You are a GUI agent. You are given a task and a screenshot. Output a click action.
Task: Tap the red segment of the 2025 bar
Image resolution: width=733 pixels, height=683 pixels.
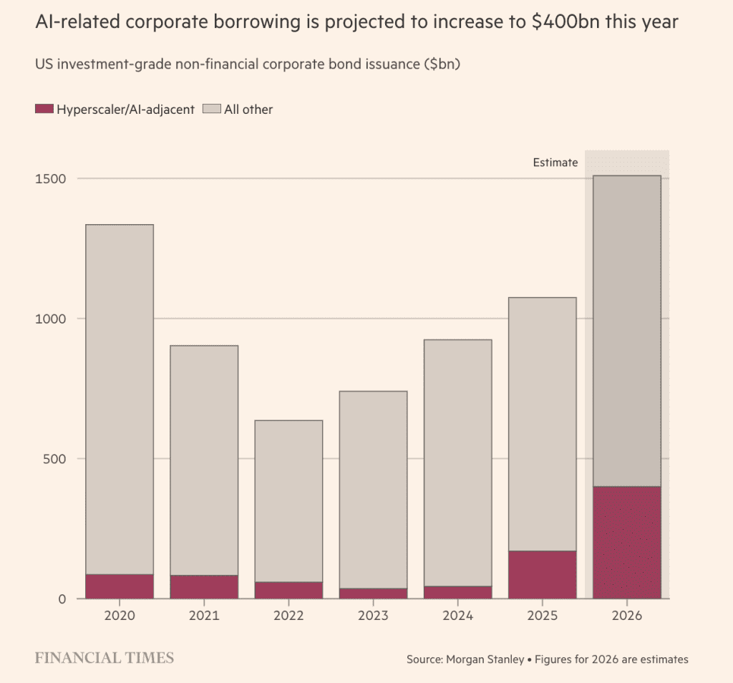pos(542,574)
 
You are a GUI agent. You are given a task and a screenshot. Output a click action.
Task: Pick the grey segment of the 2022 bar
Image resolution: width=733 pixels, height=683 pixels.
pos(288,500)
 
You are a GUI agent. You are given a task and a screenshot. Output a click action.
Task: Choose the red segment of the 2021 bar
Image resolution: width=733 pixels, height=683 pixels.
pos(204,586)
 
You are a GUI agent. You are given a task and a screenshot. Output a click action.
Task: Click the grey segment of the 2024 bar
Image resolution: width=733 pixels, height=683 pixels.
pos(457,462)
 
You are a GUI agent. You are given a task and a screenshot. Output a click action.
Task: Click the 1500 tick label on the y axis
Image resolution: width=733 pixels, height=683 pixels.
pos(52,178)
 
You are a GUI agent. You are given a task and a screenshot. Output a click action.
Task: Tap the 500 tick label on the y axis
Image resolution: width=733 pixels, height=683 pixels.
pos(56,458)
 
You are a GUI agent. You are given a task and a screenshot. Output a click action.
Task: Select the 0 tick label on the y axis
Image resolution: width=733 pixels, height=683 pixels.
pos(62,599)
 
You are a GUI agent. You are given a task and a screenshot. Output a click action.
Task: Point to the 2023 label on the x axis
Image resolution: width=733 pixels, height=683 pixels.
pos(373,615)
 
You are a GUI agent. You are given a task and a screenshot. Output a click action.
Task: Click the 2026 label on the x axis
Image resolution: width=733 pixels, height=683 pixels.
pos(626,615)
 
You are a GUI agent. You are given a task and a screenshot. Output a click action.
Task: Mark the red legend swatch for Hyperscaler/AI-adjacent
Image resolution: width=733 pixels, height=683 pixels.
pos(44,110)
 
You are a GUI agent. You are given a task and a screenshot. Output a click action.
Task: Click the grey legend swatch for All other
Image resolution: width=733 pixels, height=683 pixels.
pos(211,110)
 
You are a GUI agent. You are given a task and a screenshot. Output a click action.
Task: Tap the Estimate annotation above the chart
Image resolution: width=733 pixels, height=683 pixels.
pos(555,163)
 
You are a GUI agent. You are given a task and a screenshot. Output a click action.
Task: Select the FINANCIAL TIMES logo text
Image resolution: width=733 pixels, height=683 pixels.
pos(105,657)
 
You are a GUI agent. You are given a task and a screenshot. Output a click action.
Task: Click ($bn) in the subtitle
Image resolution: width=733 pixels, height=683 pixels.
pos(442,64)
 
